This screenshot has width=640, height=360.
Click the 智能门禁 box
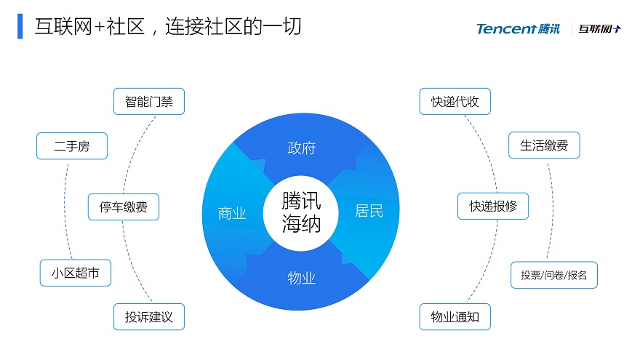[x=149, y=101]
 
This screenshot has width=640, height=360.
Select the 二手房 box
[x=72, y=145]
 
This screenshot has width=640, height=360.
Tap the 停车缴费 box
[x=123, y=207]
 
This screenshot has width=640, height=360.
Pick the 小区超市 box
[x=76, y=273]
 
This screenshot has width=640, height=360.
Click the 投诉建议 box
[x=149, y=317]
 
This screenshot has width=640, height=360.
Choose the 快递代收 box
[x=455, y=101]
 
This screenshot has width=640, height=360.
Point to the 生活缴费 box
[x=544, y=145]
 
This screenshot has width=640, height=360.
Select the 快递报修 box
[x=493, y=206]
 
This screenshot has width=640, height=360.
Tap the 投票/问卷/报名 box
[x=554, y=275]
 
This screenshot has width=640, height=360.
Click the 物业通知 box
[x=455, y=317]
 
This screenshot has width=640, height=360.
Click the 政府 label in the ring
[x=302, y=148]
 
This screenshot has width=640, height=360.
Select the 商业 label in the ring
[x=232, y=213]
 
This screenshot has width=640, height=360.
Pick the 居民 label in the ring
[x=369, y=211]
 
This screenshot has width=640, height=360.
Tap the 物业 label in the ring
[x=302, y=278]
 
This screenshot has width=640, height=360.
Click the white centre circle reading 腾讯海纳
[x=301, y=212]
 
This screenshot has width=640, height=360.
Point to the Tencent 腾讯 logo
[x=518, y=29]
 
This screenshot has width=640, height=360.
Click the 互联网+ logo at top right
[x=599, y=28]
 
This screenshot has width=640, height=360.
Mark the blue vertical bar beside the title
[x=20, y=26]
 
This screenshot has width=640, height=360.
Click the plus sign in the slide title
[x=99, y=27]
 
